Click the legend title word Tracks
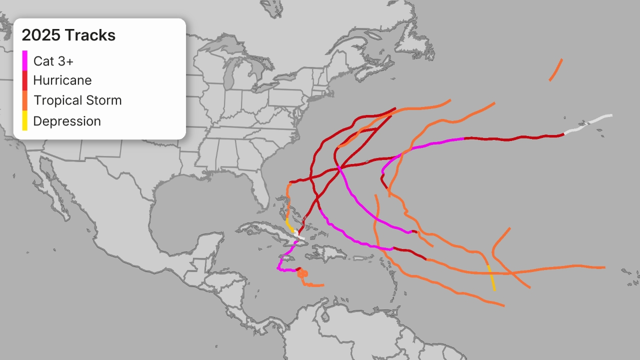coord(90,35)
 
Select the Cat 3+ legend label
coord(53,61)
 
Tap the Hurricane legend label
coord(62,80)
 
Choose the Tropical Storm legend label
coord(77,100)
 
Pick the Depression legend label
coord(67,121)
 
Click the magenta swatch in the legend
coord(25,60)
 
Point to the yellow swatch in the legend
coord(25,120)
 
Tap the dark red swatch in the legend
coord(25,80)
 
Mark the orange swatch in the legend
coord(25,100)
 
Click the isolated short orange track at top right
coord(555,70)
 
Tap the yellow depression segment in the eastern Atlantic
coord(491,277)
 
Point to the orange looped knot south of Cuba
coord(302,273)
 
